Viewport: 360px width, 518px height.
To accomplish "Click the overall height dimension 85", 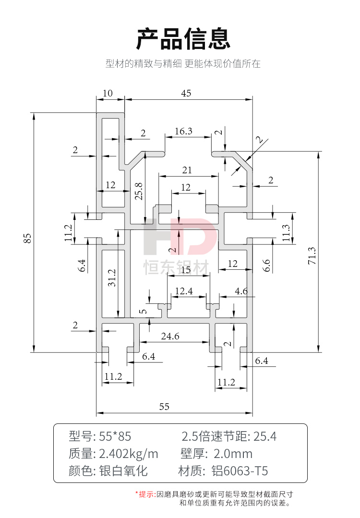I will click(27, 238).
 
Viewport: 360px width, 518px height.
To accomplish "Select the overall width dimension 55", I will click(164, 407).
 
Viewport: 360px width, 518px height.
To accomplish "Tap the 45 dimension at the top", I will click(186, 94).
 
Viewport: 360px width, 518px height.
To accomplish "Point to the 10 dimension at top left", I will click(108, 94).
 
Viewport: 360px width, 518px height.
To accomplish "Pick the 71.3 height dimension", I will click(312, 256).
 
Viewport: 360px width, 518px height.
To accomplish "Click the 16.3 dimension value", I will click(183, 131).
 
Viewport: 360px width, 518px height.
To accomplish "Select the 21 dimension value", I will click(187, 169).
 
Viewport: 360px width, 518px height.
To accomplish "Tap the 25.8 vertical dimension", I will click(139, 191).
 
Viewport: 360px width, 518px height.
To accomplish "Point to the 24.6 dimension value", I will click(170, 337).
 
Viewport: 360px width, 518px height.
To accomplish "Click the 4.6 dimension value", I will click(241, 291).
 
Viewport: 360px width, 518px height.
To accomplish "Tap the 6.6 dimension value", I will click(267, 265).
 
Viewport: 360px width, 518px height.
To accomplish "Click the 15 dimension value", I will click(185, 270).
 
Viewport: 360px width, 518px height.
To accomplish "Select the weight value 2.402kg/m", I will click(129, 454).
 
